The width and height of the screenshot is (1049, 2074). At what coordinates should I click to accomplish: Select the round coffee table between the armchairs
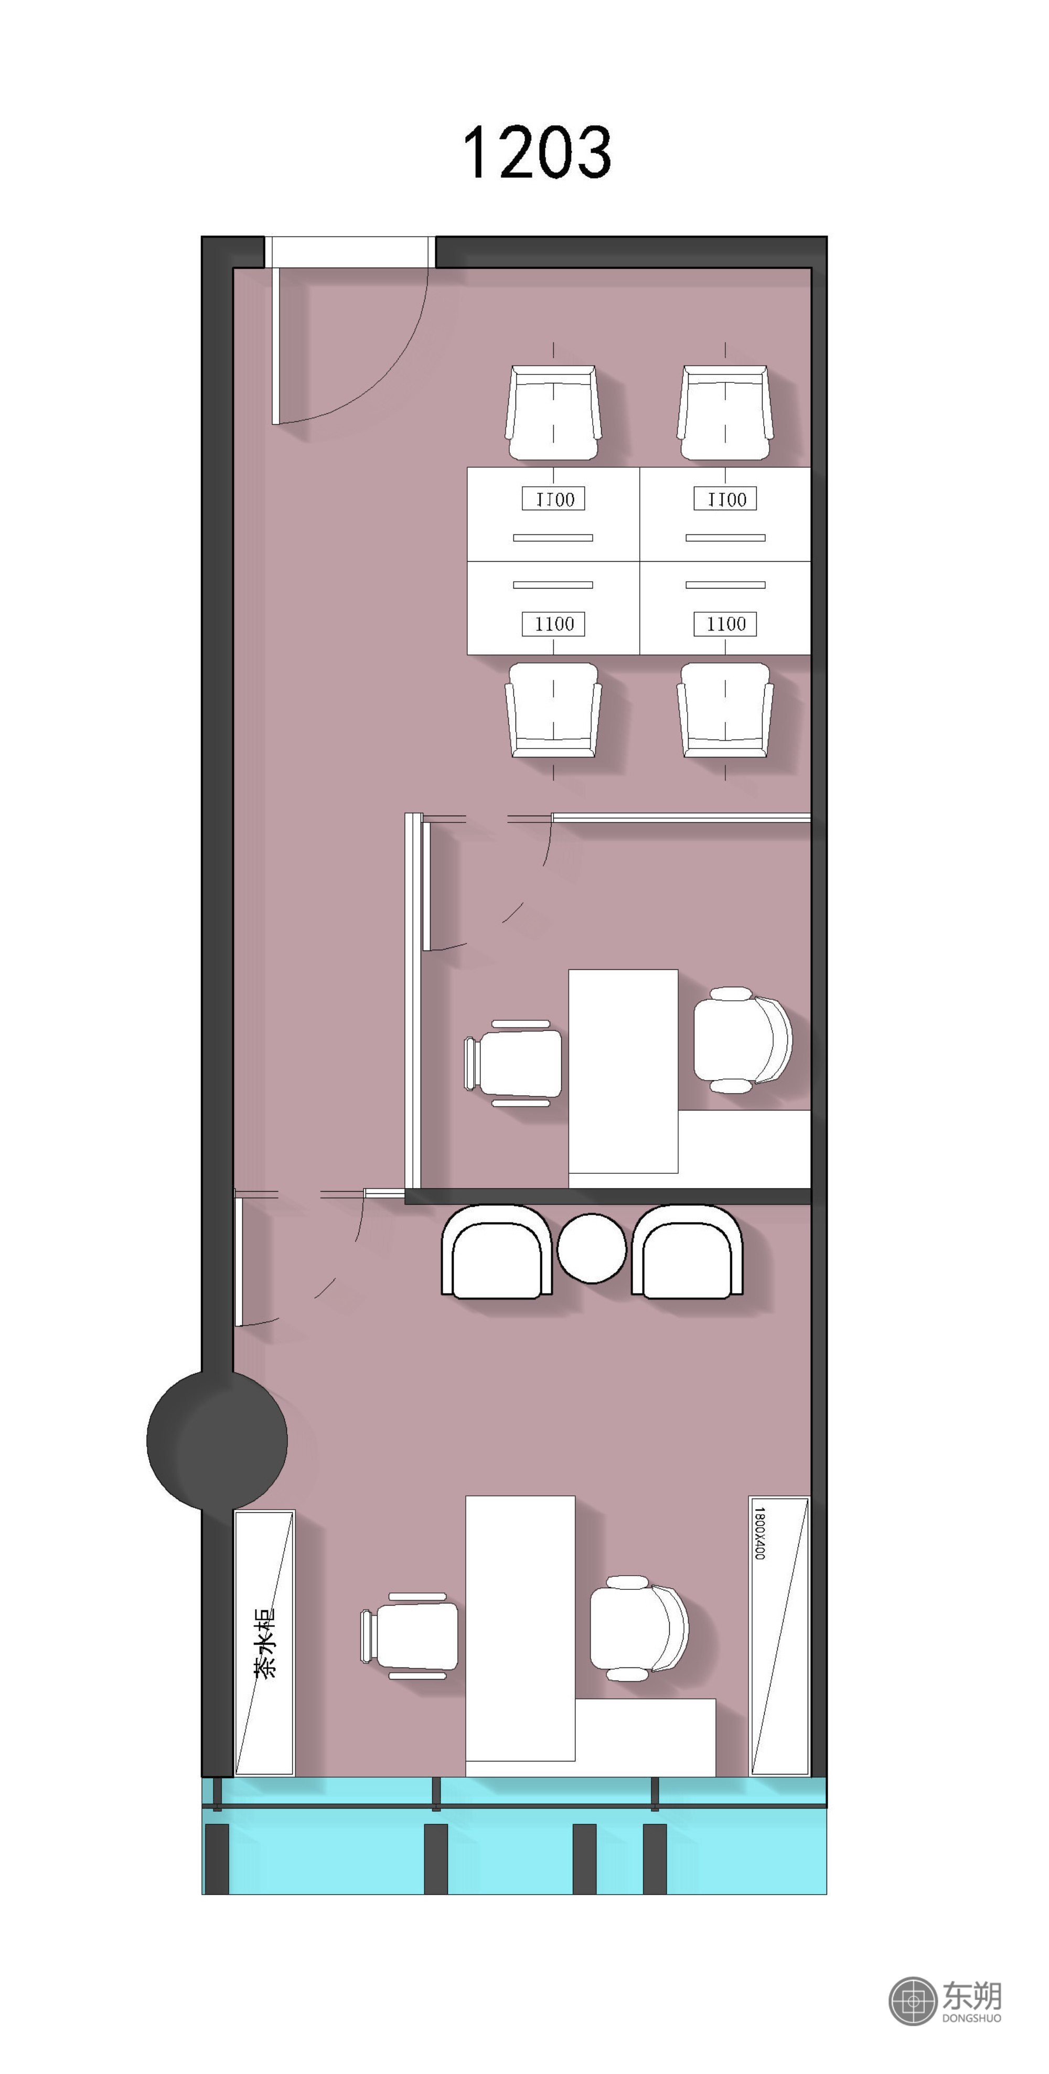coord(592,1248)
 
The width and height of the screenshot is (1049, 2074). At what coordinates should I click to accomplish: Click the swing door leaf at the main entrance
coord(275,345)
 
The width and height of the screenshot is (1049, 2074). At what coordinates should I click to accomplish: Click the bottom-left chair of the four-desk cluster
coord(554,709)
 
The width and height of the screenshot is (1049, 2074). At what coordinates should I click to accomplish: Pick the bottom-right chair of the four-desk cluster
coord(725,709)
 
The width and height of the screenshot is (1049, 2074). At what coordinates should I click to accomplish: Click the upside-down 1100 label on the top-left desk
coord(554,499)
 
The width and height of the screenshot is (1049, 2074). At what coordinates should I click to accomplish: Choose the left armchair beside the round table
coord(497,1252)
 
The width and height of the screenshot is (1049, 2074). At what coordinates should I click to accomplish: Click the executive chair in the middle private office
coord(742,1040)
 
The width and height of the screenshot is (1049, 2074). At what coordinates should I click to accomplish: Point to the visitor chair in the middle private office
coord(513,1063)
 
